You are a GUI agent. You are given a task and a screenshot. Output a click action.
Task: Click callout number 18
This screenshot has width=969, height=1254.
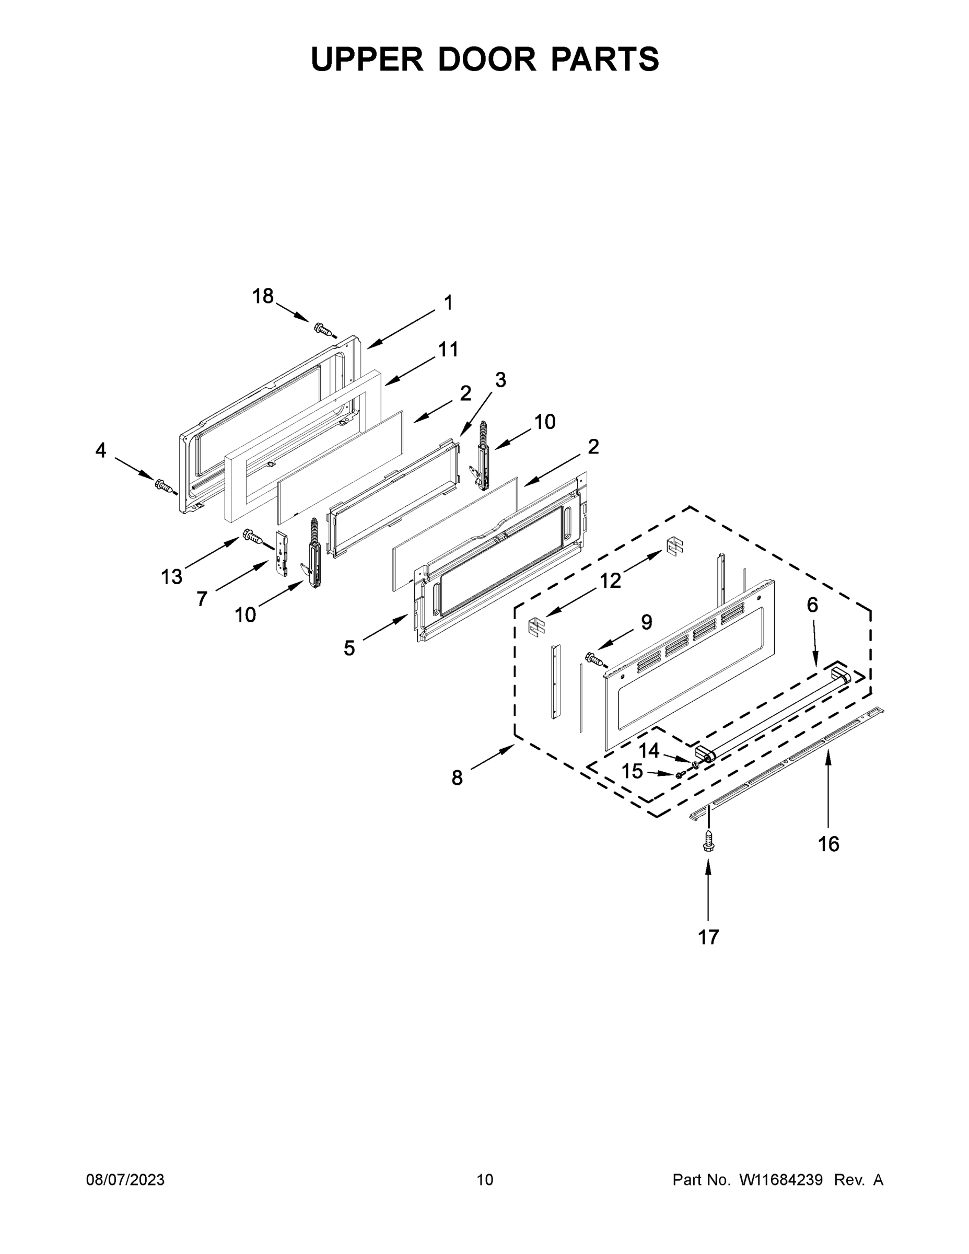point(263,296)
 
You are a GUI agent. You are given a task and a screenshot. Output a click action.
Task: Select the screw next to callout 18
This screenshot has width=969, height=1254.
point(324,330)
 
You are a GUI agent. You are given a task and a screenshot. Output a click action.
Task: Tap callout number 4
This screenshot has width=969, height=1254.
point(100,451)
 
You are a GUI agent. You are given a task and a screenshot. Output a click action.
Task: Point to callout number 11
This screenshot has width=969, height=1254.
point(448,349)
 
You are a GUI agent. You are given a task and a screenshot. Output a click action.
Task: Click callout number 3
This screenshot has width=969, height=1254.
point(500,379)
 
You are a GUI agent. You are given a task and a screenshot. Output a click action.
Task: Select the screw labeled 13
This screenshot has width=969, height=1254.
point(253,537)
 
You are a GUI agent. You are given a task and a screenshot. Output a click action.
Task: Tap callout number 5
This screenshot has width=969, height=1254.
point(349,648)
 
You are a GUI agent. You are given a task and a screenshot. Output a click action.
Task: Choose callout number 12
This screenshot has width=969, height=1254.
point(610,580)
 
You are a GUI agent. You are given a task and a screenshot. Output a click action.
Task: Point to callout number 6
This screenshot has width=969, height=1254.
point(812,605)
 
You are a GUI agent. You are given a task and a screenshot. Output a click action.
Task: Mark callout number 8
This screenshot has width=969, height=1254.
point(457,778)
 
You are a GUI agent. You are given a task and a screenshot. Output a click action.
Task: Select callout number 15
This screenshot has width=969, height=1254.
point(632,771)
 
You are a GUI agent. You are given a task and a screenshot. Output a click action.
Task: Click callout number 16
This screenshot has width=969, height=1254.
point(828,843)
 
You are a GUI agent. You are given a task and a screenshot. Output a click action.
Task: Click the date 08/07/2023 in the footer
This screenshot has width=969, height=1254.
point(125,1179)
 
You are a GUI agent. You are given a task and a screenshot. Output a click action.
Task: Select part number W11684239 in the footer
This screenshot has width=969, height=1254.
point(781,1179)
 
